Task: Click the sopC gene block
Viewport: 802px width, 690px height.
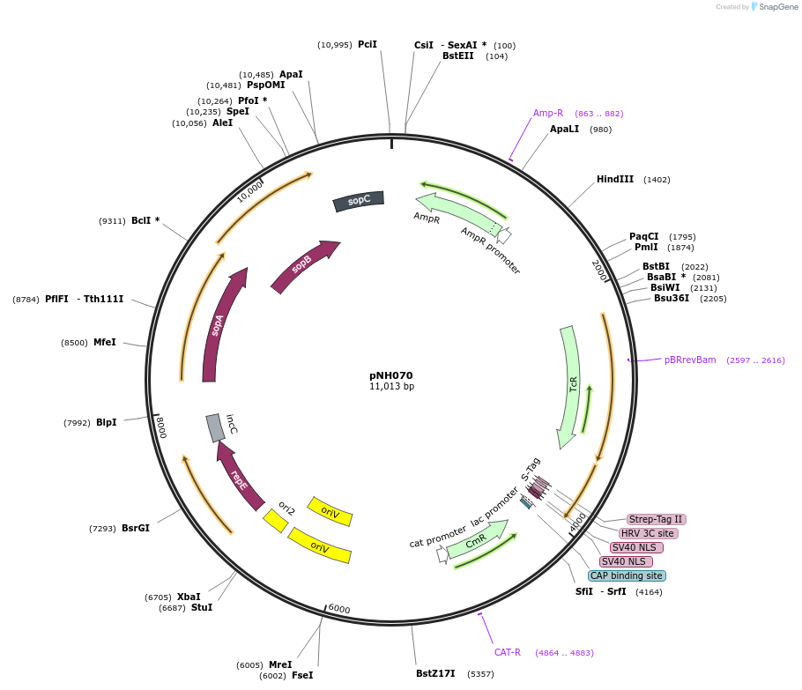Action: (x=359, y=201)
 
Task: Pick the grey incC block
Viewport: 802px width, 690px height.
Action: (x=215, y=427)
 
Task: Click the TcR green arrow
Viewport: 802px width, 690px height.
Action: (x=570, y=387)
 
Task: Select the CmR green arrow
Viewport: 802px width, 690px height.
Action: (x=477, y=540)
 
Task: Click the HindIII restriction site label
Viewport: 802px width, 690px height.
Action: (x=615, y=179)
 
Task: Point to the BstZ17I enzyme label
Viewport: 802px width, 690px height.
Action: (x=435, y=673)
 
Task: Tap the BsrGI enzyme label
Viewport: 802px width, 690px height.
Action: (x=136, y=528)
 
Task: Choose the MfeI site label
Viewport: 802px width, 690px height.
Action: (x=104, y=342)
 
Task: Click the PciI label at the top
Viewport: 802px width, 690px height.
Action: (x=368, y=44)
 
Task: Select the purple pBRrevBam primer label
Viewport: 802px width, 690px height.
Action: (x=690, y=360)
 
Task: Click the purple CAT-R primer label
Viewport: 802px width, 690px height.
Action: (x=508, y=652)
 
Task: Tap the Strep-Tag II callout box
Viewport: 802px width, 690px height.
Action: (x=655, y=519)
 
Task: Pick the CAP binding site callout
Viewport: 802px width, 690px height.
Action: (x=626, y=575)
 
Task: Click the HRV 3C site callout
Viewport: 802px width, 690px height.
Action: (x=648, y=533)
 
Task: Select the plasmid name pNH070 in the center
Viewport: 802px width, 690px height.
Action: (x=391, y=375)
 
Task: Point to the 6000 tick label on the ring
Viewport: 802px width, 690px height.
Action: (x=339, y=608)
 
